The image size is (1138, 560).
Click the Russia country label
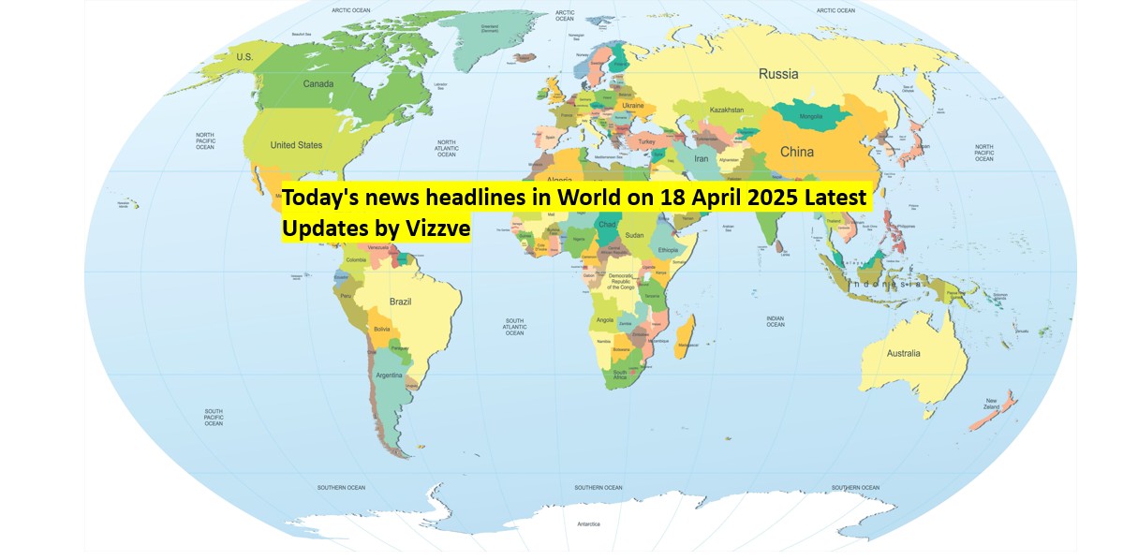(777, 74)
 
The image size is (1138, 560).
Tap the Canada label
(318, 83)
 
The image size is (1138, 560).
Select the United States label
(296, 145)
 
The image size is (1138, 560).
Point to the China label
(796, 152)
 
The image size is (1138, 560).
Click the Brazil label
(400, 302)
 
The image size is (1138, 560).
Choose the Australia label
(904, 353)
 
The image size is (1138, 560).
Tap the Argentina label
(390, 376)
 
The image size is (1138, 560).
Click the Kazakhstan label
(727, 111)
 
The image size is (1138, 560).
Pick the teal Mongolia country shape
(810, 115)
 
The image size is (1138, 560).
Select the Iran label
(702, 159)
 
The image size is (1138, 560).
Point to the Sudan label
(634, 235)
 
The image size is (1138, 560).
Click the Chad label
(607, 225)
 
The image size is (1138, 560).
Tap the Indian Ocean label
(775, 321)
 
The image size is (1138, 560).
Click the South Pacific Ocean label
(214, 417)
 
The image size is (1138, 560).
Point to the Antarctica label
(588, 523)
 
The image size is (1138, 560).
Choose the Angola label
(605, 320)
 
